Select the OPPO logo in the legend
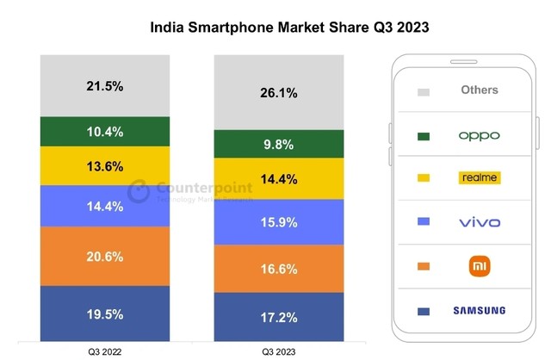(x=479, y=135)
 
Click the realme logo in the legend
(x=479, y=178)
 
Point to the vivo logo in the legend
(x=479, y=222)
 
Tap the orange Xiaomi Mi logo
(x=479, y=265)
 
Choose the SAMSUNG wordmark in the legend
(x=479, y=310)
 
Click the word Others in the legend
(x=479, y=90)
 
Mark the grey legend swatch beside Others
(x=424, y=91)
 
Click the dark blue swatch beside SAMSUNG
(x=424, y=311)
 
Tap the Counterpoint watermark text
(x=203, y=188)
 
